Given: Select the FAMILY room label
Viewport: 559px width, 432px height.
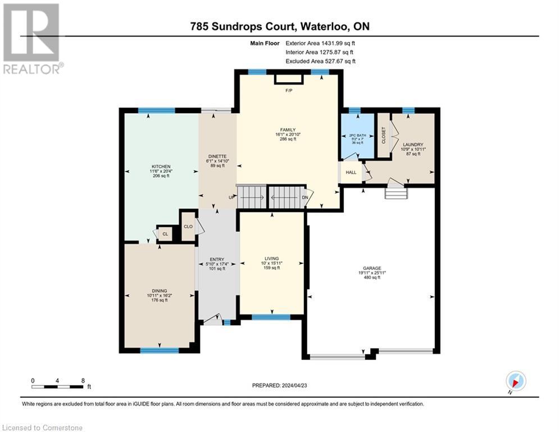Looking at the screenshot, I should (288, 130).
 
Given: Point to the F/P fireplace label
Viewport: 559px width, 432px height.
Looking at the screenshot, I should (289, 91).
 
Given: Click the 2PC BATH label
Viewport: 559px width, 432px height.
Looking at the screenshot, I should (357, 136).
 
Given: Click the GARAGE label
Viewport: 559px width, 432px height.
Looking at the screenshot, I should (371, 268).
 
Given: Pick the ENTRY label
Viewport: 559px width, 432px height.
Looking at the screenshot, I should (217, 259).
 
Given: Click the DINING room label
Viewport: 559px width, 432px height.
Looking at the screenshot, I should (159, 291).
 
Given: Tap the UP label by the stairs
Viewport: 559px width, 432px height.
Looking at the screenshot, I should (231, 198).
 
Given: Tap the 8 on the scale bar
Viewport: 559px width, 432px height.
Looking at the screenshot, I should (83, 380).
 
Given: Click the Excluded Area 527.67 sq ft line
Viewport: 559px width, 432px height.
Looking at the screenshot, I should (320, 61).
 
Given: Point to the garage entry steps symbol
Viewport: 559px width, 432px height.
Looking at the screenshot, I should (394, 193).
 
